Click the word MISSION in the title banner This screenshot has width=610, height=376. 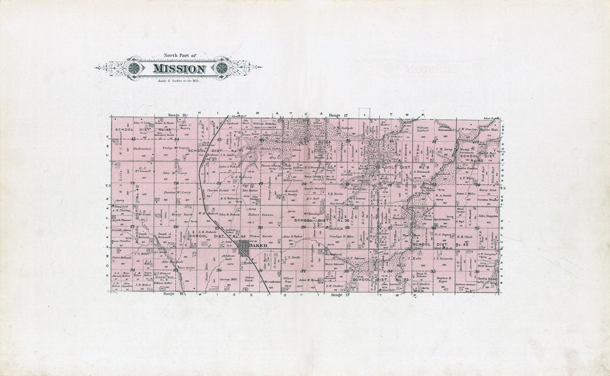click(x=178, y=68)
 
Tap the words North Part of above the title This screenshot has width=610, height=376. click(x=180, y=56)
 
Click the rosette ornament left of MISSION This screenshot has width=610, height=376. click(x=134, y=68)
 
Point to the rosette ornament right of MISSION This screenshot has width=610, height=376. click(x=222, y=68)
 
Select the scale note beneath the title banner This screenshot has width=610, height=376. click(x=178, y=80)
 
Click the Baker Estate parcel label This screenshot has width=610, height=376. click(x=257, y=215)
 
